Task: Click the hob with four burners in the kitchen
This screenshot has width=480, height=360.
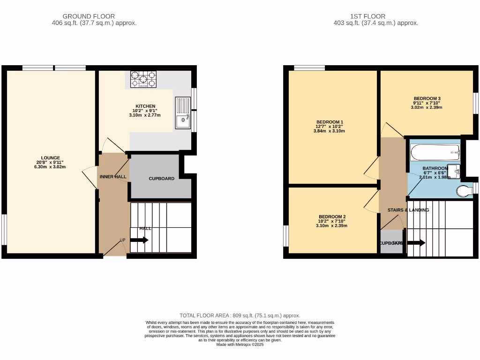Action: pos(142,80)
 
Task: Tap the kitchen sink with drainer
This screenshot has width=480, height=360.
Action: pos(183,113)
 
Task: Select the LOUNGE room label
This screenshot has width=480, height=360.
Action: pos(50,157)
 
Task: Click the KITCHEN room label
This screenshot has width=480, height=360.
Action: pos(145,106)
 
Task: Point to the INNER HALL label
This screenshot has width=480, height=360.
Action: pos(112,177)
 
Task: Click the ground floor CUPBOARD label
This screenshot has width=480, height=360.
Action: pos(162,179)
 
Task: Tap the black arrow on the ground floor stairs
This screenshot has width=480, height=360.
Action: pos(139,240)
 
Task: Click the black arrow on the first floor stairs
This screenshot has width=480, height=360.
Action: pos(416,243)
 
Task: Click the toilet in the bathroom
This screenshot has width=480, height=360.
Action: pos(464,191)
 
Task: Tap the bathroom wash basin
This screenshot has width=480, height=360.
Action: pos(454,172)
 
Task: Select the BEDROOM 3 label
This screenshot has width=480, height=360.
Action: pos(427,98)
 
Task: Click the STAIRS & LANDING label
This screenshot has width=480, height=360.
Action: pos(408,210)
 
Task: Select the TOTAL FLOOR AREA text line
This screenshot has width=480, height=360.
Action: pos(240,315)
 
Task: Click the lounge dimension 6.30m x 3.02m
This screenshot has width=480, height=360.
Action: pos(50,167)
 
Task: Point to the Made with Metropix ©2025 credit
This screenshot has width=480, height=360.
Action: pos(240,345)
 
